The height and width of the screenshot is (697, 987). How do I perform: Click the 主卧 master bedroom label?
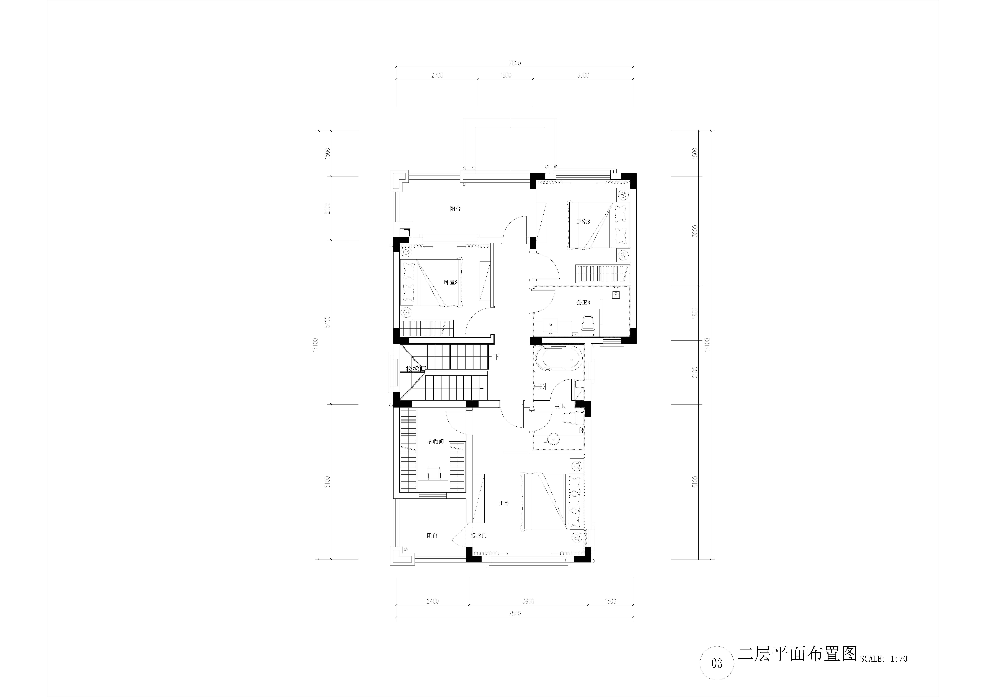click(504, 503)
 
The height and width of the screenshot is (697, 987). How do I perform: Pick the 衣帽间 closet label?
click(435, 442)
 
